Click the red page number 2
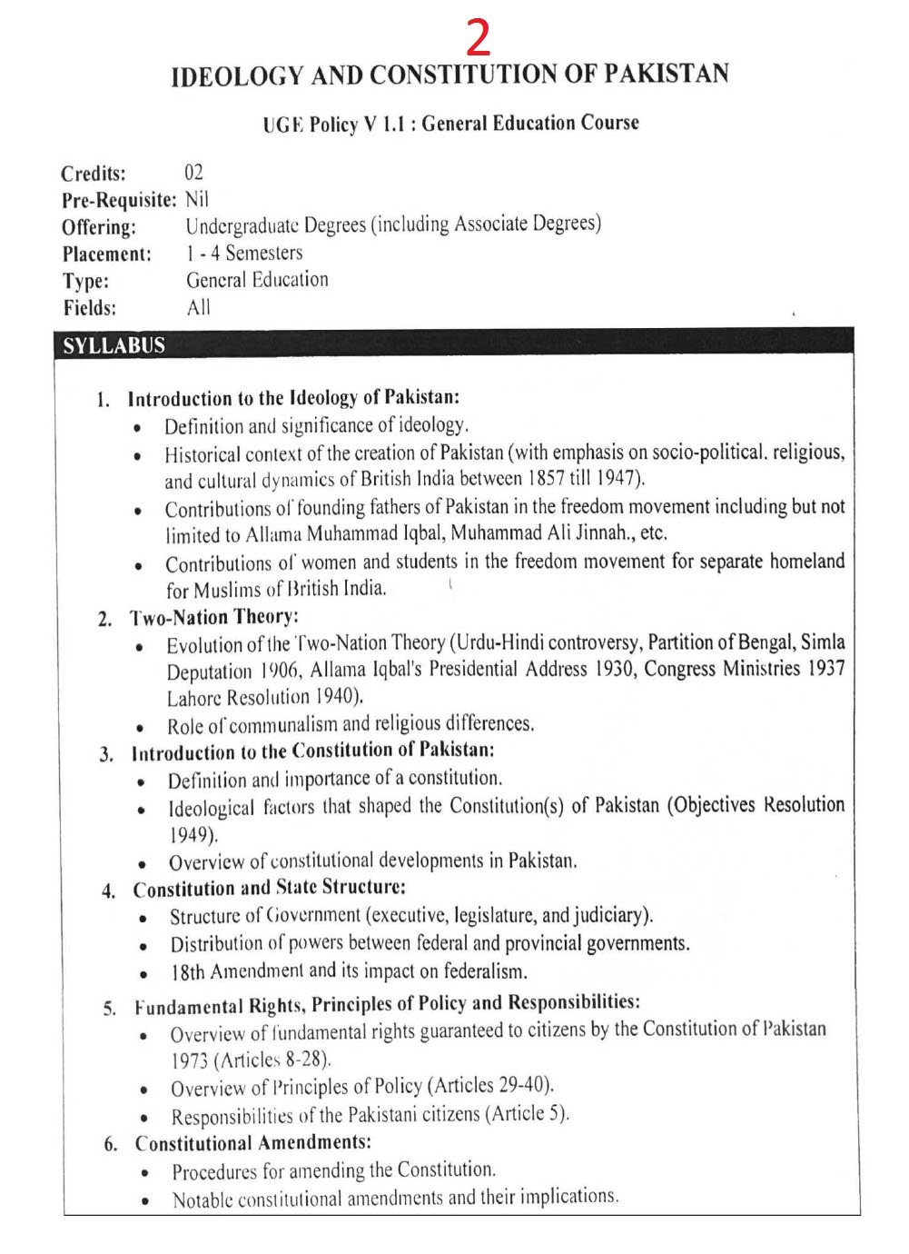(479, 37)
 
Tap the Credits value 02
(194, 173)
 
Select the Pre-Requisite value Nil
(197, 199)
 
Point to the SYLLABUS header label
(114, 345)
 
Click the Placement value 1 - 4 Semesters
(244, 253)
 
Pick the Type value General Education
(257, 280)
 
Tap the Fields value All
(198, 307)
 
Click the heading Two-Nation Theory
(213, 618)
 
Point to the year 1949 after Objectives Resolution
(193, 833)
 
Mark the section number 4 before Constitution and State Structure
(109, 891)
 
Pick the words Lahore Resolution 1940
(264, 698)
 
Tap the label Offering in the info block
(99, 227)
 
